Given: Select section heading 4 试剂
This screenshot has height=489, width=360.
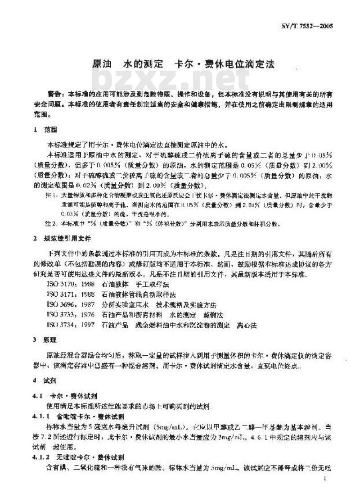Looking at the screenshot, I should tap(45, 381).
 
